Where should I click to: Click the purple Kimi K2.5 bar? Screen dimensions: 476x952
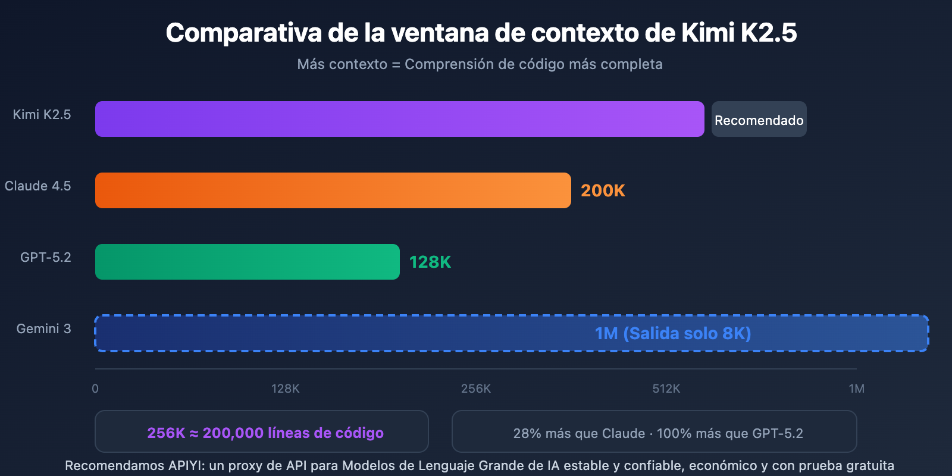(399, 119)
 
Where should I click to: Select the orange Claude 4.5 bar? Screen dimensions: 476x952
(333, 190)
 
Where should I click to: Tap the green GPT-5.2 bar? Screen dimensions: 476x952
(247, 262)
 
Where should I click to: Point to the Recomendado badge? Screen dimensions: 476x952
(759, 120)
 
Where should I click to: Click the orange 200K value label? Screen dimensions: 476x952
(603, 190)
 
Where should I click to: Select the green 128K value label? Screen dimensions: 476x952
(430, 262)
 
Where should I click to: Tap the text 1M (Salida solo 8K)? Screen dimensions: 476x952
(672, 333)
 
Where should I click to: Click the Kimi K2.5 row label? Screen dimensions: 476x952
(42, 114)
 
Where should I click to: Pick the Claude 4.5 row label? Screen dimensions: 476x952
(37, 186)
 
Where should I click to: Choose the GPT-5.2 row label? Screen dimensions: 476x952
(45, 257)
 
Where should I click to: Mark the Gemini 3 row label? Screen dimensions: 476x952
(43, 328)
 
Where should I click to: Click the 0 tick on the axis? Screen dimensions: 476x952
(95, 389)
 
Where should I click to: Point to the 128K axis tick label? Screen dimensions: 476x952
(285, 389)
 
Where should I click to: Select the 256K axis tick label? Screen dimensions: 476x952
(475, 389)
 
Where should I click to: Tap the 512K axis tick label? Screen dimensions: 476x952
(666, 389)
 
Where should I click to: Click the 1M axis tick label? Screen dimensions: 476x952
(856, 389)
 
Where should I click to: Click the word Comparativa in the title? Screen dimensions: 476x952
(244, 33)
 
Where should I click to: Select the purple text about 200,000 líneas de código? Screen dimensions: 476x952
(265, 433)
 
